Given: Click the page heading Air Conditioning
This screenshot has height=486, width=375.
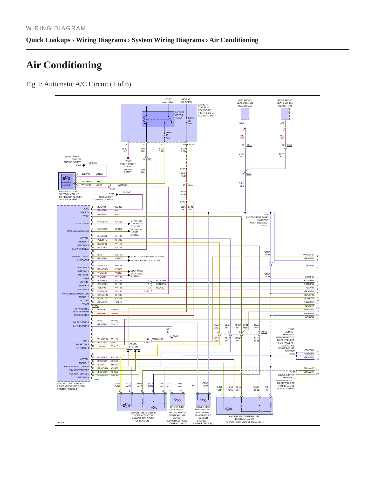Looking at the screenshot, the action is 64,65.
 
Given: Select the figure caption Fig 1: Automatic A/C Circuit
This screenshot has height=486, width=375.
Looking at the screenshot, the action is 78,84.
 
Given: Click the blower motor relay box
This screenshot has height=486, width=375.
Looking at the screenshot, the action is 158,119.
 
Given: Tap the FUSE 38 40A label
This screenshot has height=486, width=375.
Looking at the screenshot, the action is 191,121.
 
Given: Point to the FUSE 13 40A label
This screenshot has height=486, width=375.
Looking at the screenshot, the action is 169,135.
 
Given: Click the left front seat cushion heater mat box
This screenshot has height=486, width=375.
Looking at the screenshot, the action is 245,114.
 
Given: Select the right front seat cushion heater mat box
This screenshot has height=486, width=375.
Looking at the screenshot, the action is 285,114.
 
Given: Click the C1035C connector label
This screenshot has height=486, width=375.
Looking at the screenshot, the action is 191,145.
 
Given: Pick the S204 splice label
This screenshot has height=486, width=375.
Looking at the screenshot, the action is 182,169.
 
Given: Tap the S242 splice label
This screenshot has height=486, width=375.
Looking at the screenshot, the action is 182,202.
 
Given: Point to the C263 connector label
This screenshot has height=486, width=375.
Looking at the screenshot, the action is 249,174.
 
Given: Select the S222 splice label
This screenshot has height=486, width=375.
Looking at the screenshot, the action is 267,214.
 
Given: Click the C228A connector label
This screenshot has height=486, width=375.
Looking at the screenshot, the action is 95,306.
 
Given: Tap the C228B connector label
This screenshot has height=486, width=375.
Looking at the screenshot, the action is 95,379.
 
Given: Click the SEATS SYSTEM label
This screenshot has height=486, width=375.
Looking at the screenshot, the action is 133,345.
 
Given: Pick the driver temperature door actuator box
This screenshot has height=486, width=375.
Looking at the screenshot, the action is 142,402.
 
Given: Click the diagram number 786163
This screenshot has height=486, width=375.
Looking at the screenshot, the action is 60,423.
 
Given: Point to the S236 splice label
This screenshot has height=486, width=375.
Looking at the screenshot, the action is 292,372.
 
